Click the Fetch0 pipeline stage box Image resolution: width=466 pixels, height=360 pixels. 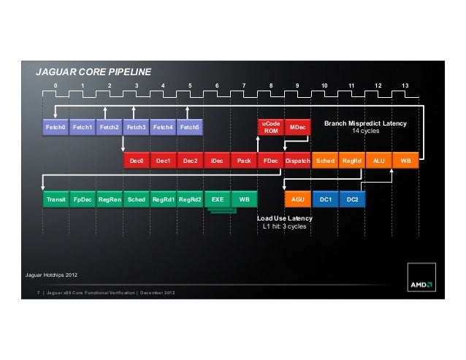click(x=56, y=127)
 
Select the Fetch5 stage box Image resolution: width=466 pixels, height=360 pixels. click(x=190, y=127)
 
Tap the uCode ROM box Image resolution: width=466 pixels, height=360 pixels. click(x=271, y=127)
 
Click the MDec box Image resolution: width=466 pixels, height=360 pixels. click(x=297, y=127)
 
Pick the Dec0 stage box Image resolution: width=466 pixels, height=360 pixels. click(x=137, y=161)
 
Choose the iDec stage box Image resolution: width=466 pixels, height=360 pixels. click(x=217, y=161)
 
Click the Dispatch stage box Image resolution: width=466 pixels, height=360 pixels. click(x=297, y=161)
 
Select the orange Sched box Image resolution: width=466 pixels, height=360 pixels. click(x=325, y=161)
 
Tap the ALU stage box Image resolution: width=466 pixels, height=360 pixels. click(x=378, y=161)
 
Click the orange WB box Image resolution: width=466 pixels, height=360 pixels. click(x=405, y=161)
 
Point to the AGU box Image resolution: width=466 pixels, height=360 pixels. click(x=298, y=199)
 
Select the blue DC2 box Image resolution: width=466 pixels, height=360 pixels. click(x=353, y=199)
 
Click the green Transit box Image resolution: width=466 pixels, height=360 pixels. click(x=56, y=199)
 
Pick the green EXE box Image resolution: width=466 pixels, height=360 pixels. click(x=218, y=199)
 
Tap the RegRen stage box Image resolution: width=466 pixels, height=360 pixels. click(x=110, y=199)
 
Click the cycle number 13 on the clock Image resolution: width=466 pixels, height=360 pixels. click(x=405, y=85)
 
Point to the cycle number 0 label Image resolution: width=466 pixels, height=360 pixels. click(x=56, y=85)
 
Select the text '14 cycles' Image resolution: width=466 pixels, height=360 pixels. click(x=365, y=131)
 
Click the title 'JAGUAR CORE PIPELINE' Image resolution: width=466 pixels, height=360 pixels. click(x=93, y=72)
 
